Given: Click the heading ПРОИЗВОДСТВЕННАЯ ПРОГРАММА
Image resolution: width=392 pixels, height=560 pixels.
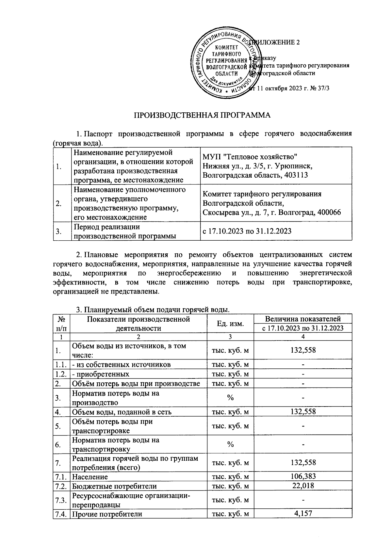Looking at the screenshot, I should pos(203,115).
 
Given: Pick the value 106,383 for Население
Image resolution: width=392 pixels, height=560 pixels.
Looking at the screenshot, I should pos(303,476).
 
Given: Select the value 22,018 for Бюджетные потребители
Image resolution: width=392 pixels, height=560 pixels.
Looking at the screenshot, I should pos(303,486).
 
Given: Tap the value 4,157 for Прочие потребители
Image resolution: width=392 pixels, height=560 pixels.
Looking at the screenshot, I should pos(303,513).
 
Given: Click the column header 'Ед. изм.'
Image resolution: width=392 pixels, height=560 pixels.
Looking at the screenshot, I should pos(230,324).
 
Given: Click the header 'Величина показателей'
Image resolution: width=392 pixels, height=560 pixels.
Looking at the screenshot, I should pos(303,319).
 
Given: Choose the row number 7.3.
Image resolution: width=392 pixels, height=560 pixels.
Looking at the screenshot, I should pos(61,500).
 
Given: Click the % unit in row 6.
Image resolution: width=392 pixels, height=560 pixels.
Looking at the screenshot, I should pos(230,444).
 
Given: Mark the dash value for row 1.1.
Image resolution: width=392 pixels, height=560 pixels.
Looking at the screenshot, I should pos(303,364).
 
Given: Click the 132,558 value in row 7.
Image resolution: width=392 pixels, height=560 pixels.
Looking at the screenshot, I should pos(303,463).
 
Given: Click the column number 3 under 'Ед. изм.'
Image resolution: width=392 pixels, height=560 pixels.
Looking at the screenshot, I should pos(230,337).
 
